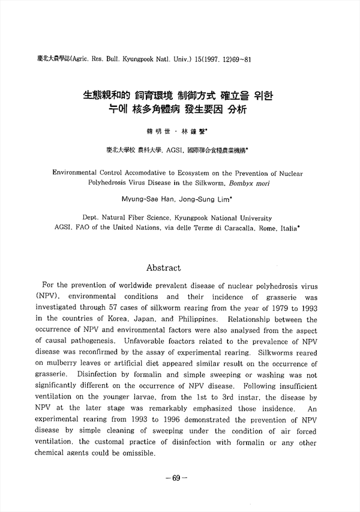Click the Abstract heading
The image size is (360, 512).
coord(164,267)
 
